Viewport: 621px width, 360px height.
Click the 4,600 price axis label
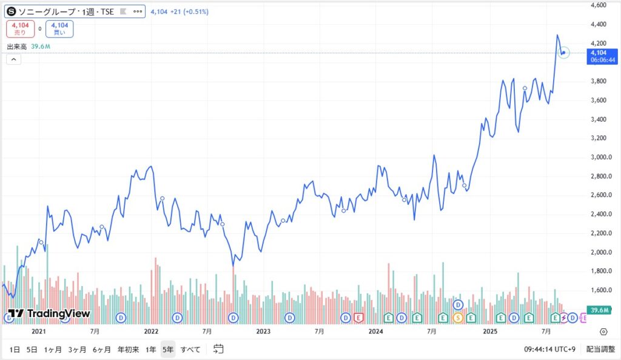coord(598,5)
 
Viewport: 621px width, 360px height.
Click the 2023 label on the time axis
coord(263,332)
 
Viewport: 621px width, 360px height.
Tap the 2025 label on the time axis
coord(490,332)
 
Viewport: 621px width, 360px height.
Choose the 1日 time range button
coord(15,349)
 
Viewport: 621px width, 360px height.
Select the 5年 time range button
coord(167,349)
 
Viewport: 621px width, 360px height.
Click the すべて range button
coord(190,349)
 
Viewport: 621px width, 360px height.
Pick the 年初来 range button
coord(128,349)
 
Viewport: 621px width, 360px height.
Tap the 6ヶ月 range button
coord(102,349)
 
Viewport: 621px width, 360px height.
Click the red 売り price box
coord(20,28)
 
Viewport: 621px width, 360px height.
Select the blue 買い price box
coord(59,28)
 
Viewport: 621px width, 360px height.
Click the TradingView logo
coord(49,313)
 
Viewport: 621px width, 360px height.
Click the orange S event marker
coord(458,317)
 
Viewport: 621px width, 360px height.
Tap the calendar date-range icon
coord(218,349)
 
